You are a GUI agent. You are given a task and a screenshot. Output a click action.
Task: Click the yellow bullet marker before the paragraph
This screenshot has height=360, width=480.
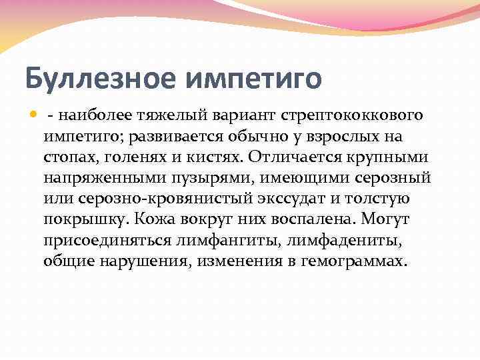click(x=34, y=115)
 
